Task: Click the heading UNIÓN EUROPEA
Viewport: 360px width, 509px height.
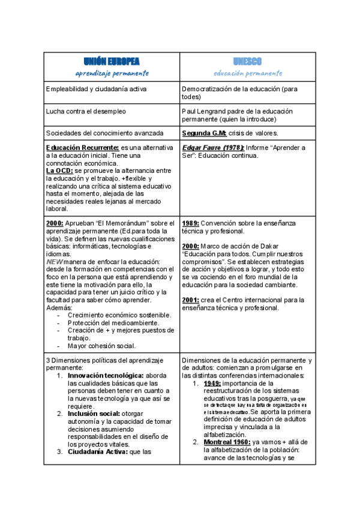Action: click(112, 61)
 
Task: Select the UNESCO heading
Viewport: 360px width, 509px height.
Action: click(247, 61)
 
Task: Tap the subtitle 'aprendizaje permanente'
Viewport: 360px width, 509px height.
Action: click(112, 73)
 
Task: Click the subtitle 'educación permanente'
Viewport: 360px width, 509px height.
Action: click(247, 73)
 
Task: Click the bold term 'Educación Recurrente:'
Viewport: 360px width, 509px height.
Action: click(83, 148)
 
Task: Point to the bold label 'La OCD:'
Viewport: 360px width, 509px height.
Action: click(59, 170)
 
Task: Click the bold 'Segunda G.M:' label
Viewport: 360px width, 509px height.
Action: click(204, 133)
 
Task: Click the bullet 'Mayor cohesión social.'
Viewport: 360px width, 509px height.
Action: click(101, 345)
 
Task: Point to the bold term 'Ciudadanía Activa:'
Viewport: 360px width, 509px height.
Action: click(98, 451)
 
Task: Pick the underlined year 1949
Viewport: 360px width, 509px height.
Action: click(212, 383)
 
